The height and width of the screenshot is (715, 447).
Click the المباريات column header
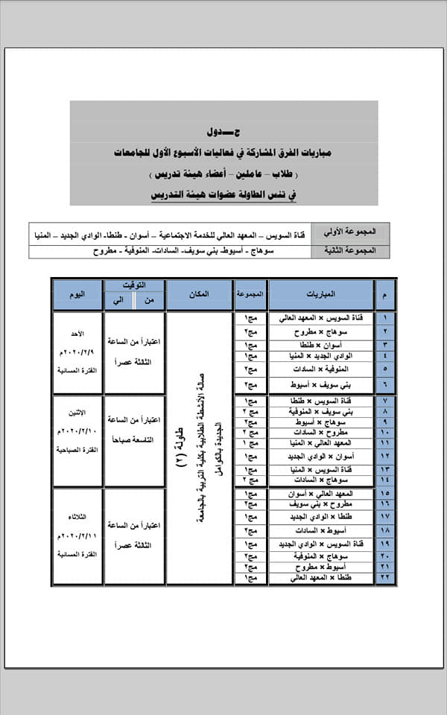click(320, 295)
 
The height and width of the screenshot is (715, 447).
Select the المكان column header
click(199, 295)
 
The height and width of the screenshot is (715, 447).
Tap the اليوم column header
click(77, 295)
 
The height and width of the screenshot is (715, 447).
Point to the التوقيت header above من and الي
click(134, 285)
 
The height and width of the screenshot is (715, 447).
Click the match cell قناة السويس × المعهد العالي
click(320, 318)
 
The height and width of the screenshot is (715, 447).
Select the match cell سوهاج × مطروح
click(320, 331)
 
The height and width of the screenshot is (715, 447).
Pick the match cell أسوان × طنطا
click(320, 345)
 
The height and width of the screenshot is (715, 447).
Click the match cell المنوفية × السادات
click(320, 369)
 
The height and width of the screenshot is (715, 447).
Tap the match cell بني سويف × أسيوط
click(320, 385)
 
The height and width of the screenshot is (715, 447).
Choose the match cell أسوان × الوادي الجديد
click(320, 456)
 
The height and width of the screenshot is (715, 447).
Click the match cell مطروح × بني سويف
click(320, 504)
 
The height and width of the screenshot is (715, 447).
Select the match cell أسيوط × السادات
click(320, 530)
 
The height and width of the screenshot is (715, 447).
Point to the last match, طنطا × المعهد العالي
click(320, 578)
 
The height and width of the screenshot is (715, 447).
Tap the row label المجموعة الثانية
click(350, 251)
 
